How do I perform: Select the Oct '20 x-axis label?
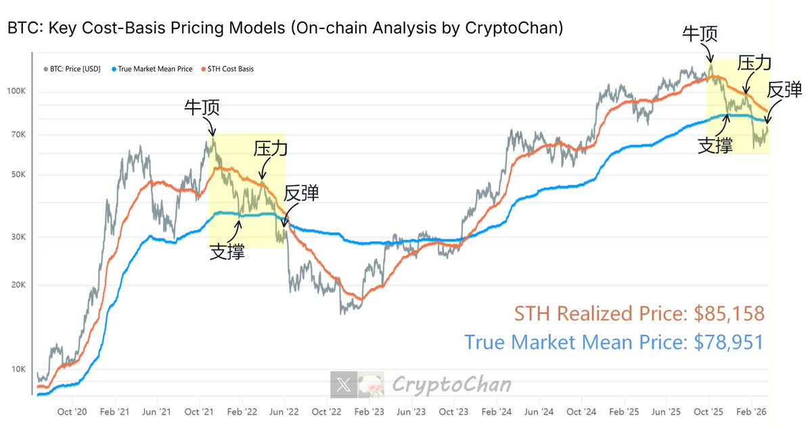point(73,411)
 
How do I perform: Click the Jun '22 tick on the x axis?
point(285,411)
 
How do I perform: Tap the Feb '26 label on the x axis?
point(751,411)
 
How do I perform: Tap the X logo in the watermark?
point(343,385)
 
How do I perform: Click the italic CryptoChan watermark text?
point(452,385)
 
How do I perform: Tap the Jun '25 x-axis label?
point(666,411)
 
